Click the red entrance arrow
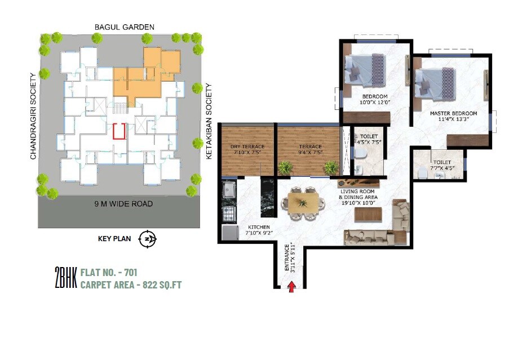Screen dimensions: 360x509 coord(292,287)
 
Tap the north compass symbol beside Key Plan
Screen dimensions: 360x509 coord(148,238)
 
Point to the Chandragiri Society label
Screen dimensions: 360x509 coord(33,114)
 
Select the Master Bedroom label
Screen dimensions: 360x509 coord(453,113)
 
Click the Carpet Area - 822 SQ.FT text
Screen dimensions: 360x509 coord(131,285)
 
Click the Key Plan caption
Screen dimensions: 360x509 coord(114,238)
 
